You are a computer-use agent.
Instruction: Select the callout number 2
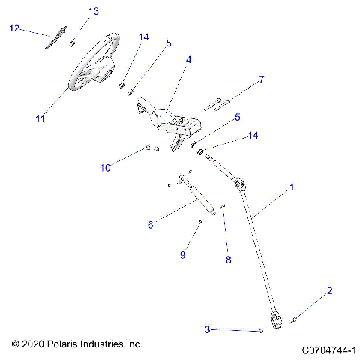click(x=328, y=289)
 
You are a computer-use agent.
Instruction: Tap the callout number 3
click(x=207, y=329)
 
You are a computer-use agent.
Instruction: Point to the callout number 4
click(x=188, y=59)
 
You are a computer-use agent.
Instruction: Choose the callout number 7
click(x=261, y=79)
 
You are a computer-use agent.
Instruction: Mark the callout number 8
click(x=229, y=259)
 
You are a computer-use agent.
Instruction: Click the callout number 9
click(x=181, y=255)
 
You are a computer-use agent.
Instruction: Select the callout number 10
click(x=105, y=169)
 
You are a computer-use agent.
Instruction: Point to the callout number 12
click(x=14, y=28)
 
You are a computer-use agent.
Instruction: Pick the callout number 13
click(x=93, y=12)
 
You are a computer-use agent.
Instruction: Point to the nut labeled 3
click(x=260, y=330)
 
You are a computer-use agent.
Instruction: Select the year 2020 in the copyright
click(x=33, y=343)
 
